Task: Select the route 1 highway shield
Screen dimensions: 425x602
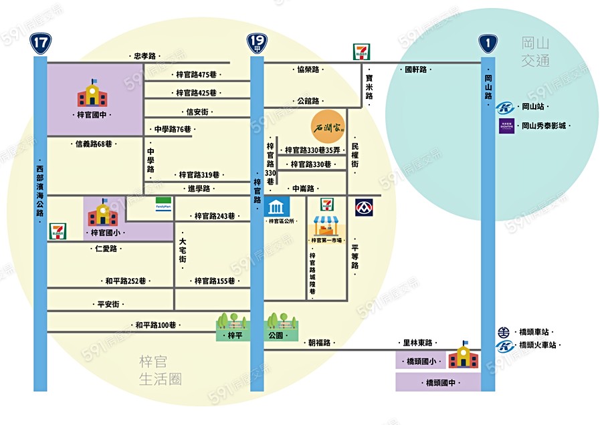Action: click(x=488, y=44)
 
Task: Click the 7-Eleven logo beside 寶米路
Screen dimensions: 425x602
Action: click(x=361, y=51)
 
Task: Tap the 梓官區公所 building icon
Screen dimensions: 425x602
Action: click(x=273, y=206)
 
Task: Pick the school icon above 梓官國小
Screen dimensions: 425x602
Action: click(x=103, y=213)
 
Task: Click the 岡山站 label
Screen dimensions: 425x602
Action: click(x=535, y=107)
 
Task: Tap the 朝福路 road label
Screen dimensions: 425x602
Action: click(x=320, y=343)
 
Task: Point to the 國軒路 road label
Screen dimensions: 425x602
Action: click(x=415, y=69)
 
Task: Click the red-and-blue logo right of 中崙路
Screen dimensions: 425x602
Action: click(x=364, y=207)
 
